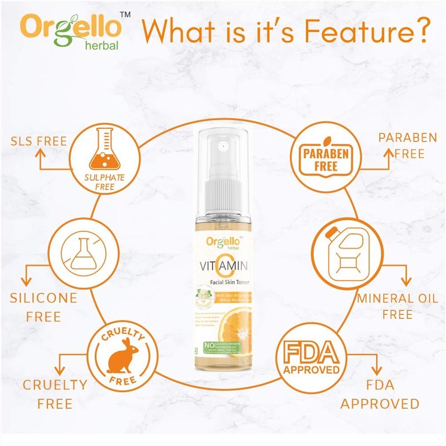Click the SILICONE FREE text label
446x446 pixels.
click(x=43, y=307)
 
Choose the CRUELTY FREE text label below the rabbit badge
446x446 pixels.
click(x=55, y=394)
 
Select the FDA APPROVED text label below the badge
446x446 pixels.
click(x=380, y=393)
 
